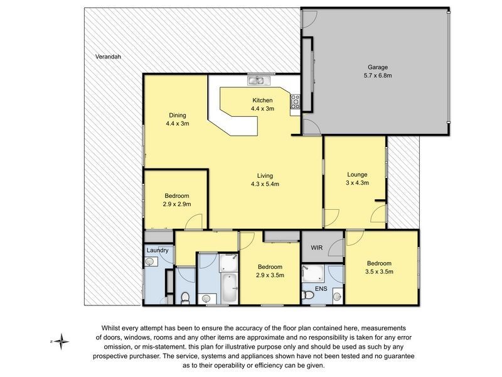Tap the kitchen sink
click(x=257, y=80)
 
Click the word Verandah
click(x=108, y=57)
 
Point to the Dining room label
click(x=177, y=115)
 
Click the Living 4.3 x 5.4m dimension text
click(x=265, y=184)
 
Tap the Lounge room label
click(x=357, y=174)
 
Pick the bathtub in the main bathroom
click(x=230, y=288)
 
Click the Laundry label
click(x=158, y=251)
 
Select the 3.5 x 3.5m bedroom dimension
click(x=380, y=271)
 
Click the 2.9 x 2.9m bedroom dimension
click(x=178, y=204)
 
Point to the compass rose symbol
click(x=61, y=342)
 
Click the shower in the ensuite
click(x=312, y=273)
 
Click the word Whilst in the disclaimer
click(x=114, y=328)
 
